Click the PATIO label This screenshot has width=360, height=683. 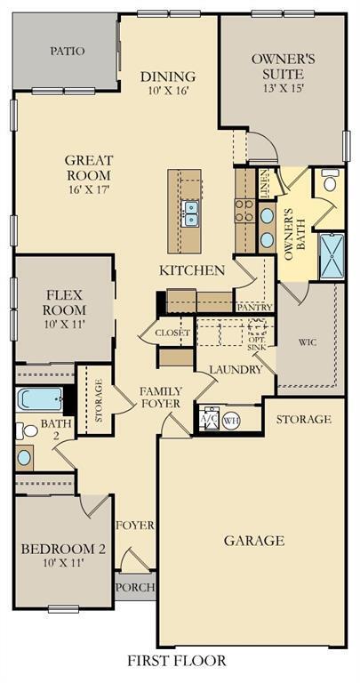(67, 51)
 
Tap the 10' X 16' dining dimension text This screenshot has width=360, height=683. (167, 91)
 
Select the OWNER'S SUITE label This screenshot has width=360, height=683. (283, 66)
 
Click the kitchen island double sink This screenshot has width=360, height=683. (190, 213)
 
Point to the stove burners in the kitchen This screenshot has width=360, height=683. (244, 211)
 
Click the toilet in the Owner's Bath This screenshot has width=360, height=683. (330, 181)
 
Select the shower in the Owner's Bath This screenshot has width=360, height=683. (332, 256)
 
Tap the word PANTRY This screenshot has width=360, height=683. (254, 307)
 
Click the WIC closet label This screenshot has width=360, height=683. (307, 341)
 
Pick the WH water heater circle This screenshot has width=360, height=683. (230, 421)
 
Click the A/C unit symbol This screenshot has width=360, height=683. (210, 419)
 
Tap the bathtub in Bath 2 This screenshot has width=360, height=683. (40, 400)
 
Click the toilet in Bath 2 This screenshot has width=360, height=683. (27, 430)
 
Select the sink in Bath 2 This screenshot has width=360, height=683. (24, 457)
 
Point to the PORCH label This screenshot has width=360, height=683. (135, 587)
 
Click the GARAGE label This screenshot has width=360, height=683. (254, 541)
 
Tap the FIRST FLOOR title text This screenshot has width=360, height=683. (176, 661)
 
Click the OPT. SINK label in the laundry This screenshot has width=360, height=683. (256, 342)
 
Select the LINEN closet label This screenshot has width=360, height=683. (267, 183)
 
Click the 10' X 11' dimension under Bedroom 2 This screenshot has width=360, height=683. (62, 562)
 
